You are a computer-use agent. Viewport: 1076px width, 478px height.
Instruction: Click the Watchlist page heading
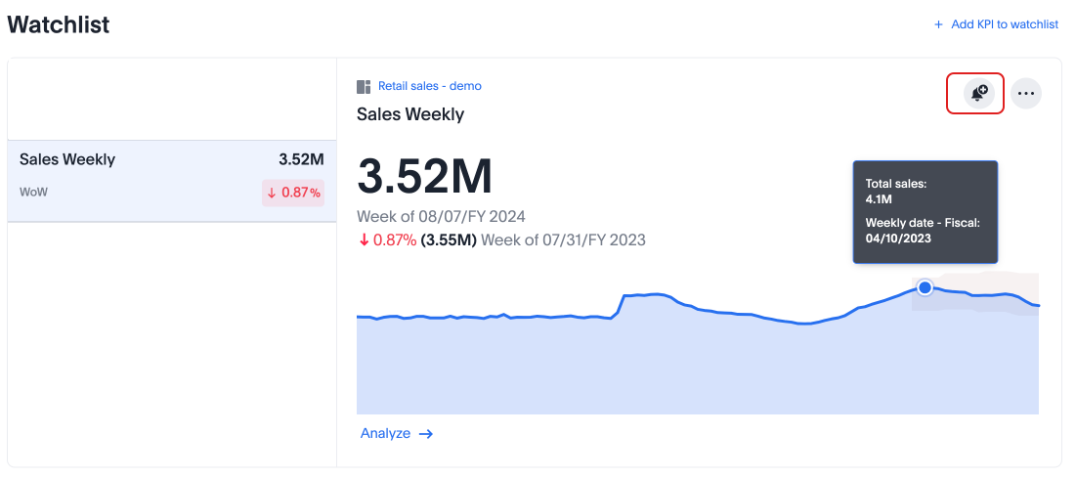coord(59,25)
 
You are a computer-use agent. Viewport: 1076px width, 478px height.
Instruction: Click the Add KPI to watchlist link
coord(1004,24)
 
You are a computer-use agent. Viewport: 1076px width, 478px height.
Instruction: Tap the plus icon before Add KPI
coord(939,24)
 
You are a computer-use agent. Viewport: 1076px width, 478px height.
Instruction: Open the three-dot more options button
coord(1025,93)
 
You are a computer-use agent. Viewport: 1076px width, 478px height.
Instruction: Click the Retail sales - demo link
coord(429,86)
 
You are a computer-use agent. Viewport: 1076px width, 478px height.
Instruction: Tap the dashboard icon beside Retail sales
coord(365,87)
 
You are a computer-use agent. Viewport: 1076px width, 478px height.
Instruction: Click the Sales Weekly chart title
coord(410,114)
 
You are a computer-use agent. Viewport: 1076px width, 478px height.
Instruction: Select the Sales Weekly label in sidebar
coord(67,159)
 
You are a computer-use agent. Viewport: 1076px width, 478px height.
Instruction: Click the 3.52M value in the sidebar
coord(301,159)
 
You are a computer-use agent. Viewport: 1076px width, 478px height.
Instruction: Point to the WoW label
coord(33,192)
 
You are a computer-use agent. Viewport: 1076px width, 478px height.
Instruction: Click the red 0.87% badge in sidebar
coord(293,193)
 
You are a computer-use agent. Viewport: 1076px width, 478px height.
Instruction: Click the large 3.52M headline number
coord(425,176)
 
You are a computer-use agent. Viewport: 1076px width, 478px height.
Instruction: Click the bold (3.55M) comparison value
coord(449,239)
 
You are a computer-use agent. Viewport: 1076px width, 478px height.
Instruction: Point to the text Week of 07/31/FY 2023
coord(563,239)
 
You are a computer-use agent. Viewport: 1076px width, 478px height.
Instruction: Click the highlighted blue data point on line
coord(925,286)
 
